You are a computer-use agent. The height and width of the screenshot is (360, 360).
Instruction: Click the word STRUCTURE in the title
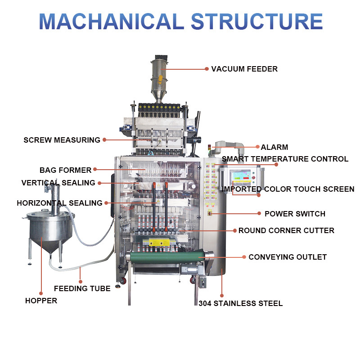(x=257, y=21)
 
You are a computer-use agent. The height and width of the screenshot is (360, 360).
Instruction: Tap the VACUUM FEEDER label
(x=244, y=69)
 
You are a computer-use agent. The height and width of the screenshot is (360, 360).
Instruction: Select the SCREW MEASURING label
(x=62, y=140)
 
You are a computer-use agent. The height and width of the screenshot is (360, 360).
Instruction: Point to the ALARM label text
(x=274, y=147)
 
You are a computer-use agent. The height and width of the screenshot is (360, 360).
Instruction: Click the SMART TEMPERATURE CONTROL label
(x=285, y=159)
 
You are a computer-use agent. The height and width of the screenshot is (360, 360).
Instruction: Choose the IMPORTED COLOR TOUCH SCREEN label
(x=288, y=189)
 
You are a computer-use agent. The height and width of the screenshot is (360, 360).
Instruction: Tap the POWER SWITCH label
(x=295, y=214)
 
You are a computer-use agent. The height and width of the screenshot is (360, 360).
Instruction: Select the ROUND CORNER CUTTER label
(x=286, y=230)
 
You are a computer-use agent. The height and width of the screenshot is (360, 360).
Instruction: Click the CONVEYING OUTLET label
(x=288, y=257)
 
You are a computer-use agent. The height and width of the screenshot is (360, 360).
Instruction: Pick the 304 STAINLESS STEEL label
(x=241, y=303)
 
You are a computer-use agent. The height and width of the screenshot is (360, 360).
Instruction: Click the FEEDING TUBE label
(x=82, y=288)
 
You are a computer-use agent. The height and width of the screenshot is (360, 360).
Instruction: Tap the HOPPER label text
(x=41, y=301)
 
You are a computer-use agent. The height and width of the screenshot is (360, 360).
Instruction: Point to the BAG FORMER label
(x=66, y=170)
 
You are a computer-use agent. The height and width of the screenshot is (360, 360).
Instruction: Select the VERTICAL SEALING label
(x=58, y=183)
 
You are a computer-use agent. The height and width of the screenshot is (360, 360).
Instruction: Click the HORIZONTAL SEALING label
(x=60, y=203)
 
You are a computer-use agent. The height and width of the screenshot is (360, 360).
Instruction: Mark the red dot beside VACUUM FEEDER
(x=207, y=69)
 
